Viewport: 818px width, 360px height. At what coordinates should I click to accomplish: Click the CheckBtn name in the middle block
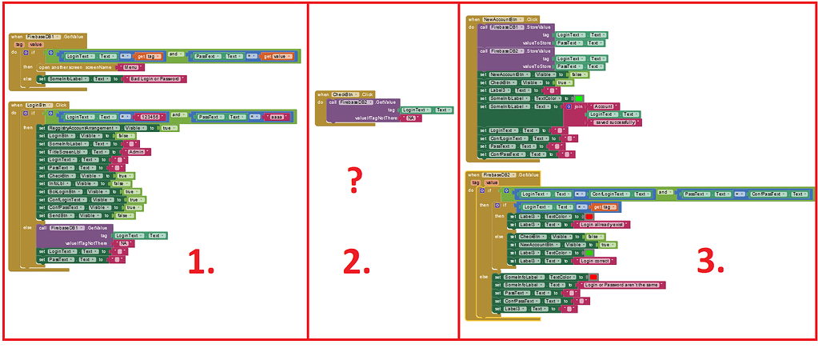tap(344, 94)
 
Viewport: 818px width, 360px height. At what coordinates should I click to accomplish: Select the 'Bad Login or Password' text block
tap(158, 79)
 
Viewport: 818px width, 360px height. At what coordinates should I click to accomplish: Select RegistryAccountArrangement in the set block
tap(84, 128)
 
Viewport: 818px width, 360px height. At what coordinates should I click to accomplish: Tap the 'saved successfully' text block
tap(614, 122)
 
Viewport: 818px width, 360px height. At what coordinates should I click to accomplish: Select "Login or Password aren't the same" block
tap(624, 285)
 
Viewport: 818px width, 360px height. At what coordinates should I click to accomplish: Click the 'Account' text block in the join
tap(602, 106)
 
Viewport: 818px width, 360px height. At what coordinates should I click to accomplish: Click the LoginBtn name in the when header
tap(37, 105)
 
